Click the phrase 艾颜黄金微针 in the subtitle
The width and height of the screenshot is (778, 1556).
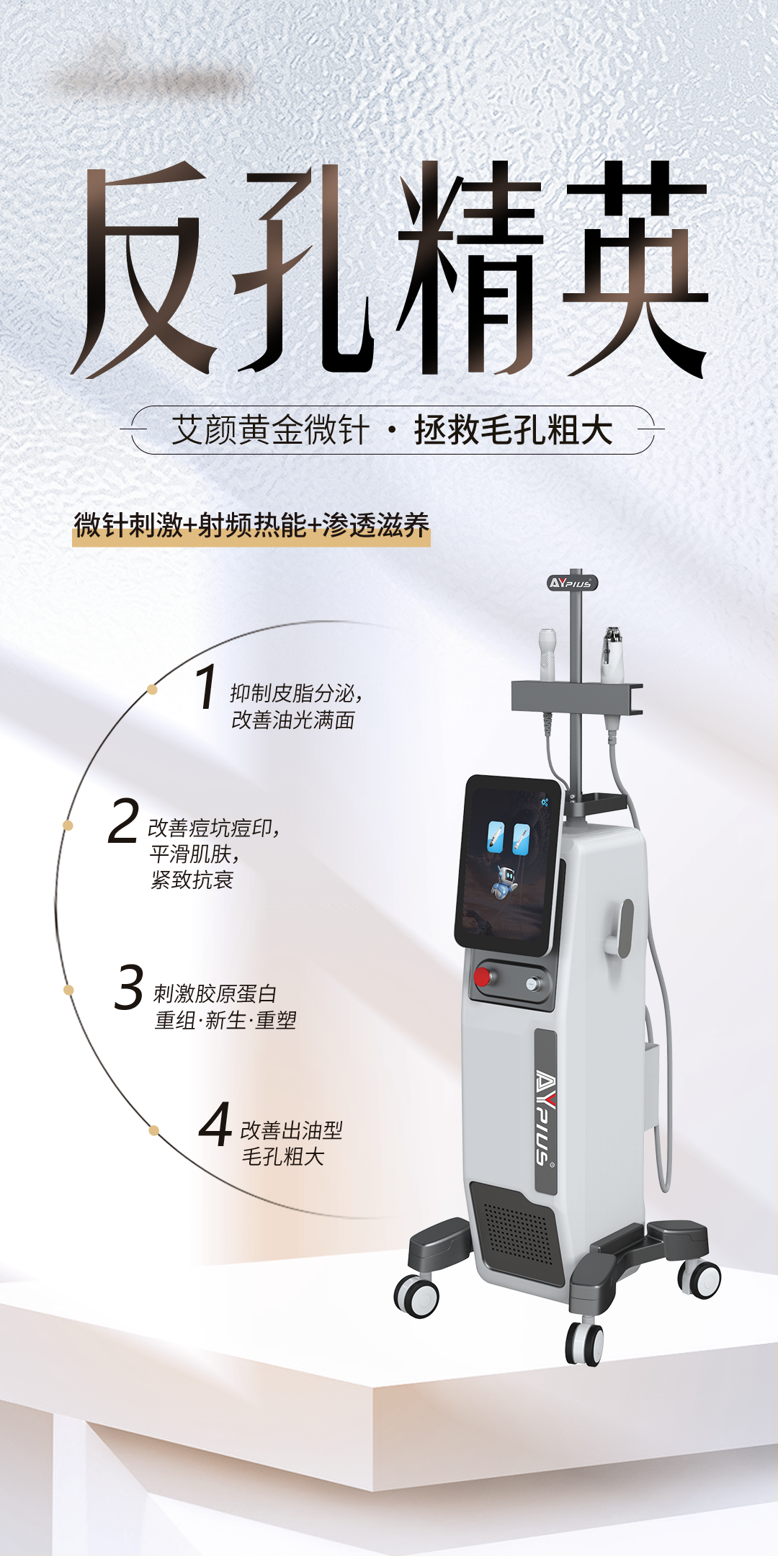[270, 430]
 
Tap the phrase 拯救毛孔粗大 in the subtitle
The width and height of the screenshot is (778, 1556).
[513, 430]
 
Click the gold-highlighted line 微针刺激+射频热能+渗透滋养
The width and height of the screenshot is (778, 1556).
[251, 526]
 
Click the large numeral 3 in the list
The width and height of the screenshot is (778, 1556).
[129, 987]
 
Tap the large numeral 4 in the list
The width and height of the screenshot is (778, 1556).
[215, 1124]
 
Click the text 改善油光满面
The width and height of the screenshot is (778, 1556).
[293, 720]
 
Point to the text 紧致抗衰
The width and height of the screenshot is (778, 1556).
[192, 880]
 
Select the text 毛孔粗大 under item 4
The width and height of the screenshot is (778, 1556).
[283, 1157]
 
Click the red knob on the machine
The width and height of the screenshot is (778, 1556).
[482, 977]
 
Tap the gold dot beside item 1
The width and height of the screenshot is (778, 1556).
[152, 689]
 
